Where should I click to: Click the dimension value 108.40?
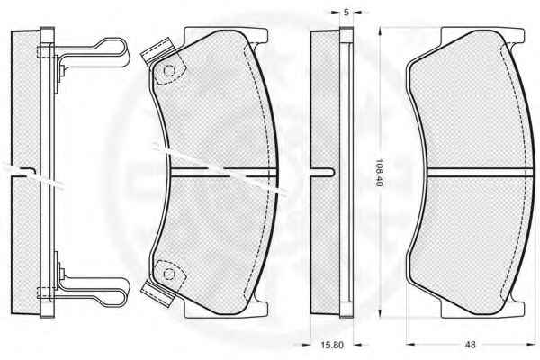379,173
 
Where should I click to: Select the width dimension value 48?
470,345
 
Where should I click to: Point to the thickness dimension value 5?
346,13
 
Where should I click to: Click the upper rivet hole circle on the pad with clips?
169,71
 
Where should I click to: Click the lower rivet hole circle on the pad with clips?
169,274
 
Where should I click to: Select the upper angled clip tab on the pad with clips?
157,50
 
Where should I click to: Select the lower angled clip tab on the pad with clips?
157,294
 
